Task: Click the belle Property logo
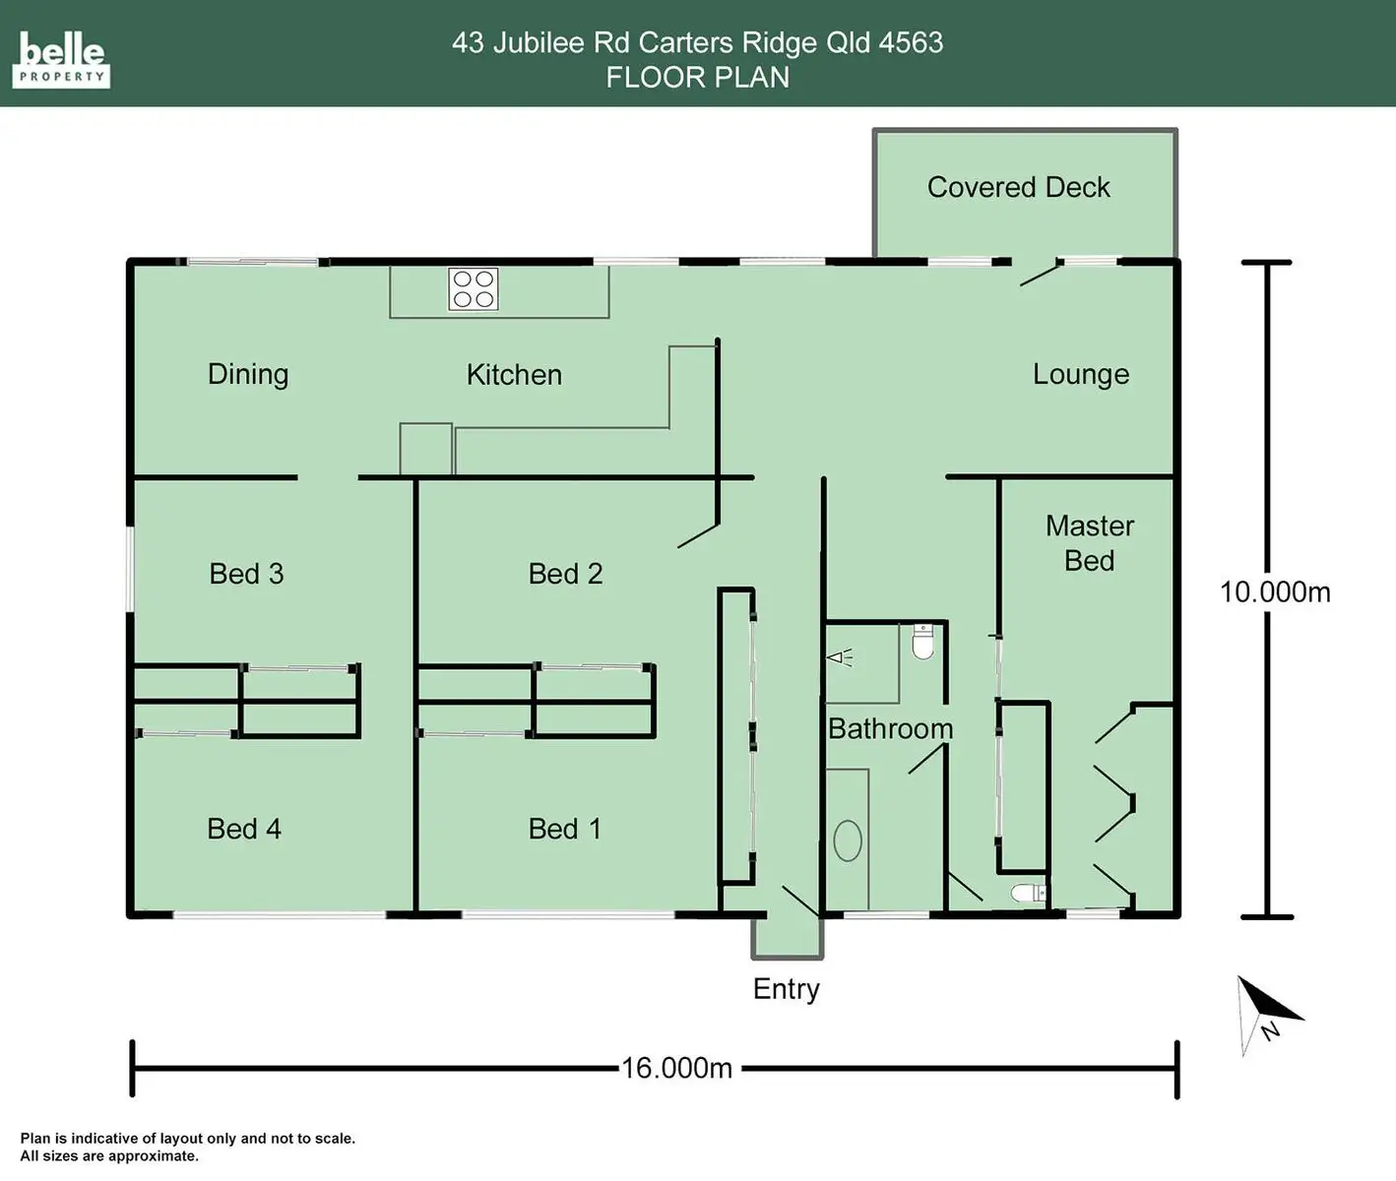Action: [x=61, y=60]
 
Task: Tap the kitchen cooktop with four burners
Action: [x=473, y=288]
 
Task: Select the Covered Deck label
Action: [x=1018, y=187]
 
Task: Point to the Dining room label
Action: [x=248, y=374]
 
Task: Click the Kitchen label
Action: [x=514, y=374]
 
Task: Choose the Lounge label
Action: [x=1080, y=374]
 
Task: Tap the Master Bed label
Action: [x=1089, y=542]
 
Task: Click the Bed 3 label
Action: [x=246, y=573]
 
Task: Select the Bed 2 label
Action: [x=565, y=573]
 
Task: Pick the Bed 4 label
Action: [x=244, y=829]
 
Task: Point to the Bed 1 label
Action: [x=565, y=829]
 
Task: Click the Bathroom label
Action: [x=890, y=728]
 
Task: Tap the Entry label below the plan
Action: [x=786, y=989]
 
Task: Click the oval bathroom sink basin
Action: [x=848, y=840]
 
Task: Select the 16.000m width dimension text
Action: [x=676, y=1068]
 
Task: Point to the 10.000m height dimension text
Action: [x=1275, y=591]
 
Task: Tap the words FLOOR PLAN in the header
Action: [x=697, y=77]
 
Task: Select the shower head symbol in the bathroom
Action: [x=839, y=657]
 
